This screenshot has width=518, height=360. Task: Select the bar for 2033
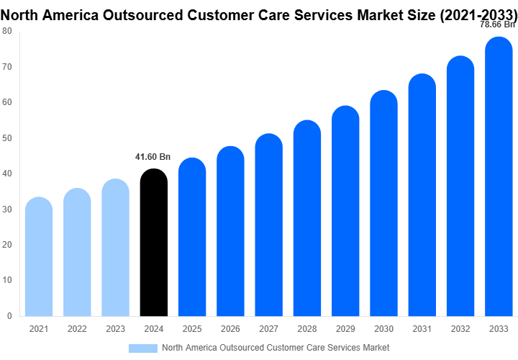click(499, 186)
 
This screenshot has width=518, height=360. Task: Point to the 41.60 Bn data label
click(153, 156)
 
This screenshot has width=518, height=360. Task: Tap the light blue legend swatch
click(142, 348)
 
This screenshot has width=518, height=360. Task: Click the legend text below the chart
click(276, 348)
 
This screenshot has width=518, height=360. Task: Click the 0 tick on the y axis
click(9, 316)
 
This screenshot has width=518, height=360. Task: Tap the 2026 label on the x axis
click(230, 329)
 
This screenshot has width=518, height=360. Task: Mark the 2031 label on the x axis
click(422, 329)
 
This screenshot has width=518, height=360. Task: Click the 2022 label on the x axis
click(77, 329)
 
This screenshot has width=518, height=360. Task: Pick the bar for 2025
click(192, 237)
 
